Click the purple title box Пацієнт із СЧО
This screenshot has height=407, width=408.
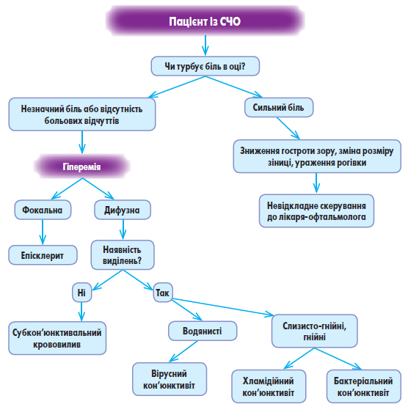(x=205, y=21)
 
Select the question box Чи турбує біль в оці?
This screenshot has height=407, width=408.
(x=205, y=66)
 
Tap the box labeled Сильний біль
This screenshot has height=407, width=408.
(x=279, y=107)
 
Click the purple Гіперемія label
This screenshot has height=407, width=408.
(x=81, y=166)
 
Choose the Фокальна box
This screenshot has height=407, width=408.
(x=43, y=210)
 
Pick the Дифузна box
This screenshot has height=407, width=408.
(x=123, y=210)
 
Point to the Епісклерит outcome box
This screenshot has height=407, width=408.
(x=43, y=255)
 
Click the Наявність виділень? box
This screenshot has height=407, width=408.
(x=123, y=255)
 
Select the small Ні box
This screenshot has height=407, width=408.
(x=81, y=293)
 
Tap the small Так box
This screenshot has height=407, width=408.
(x=163, y=293)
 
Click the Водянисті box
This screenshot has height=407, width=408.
(x=203, y=331)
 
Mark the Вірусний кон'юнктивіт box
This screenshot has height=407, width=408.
(x=170, y=379)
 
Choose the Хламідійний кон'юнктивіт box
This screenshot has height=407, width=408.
(x=269, y=386)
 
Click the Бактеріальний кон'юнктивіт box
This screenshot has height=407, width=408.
(x=363, y=386)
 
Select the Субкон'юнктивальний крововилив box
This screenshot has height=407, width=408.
(x=57, y=338)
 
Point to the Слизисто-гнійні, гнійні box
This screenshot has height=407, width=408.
(x=314, y=331)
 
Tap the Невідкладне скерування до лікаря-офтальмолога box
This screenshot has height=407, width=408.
(x=316, y=210)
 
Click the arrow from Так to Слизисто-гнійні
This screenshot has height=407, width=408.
(x=223, y=307)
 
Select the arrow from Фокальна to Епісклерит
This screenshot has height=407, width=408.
(x=43, y=232)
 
